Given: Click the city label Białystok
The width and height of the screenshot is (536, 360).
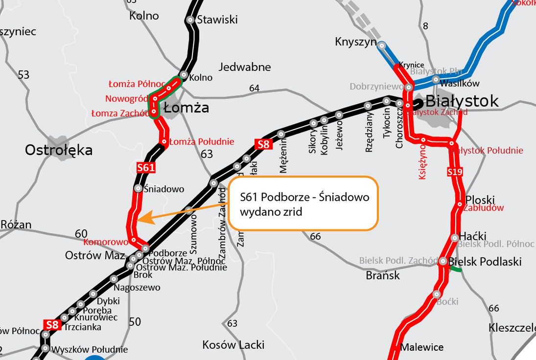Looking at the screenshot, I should pos(462,101).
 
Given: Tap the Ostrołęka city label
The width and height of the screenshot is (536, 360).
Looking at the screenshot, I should pos(59,150).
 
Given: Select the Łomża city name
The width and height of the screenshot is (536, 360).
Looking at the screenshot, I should pos(186,108).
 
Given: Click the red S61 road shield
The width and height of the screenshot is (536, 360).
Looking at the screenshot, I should pos(146,168).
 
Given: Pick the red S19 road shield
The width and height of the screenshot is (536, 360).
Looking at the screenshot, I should pos(455,172).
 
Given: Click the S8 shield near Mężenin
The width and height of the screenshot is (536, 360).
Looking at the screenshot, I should pos(263,144).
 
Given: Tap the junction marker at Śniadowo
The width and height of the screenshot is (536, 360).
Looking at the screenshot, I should pos(139,188).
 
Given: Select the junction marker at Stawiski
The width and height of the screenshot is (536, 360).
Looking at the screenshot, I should pos(190,20).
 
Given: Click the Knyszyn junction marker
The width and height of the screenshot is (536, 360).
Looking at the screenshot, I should pos(382,45).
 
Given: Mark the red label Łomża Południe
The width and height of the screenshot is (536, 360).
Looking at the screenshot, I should pos(202,142).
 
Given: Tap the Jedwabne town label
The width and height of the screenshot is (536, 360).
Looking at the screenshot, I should pos(245,67).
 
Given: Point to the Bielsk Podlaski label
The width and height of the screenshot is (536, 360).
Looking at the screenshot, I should pos(485,261).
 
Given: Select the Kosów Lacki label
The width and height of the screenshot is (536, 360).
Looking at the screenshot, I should pos(233,345).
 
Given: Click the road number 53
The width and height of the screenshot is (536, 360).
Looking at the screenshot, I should pos(23,75).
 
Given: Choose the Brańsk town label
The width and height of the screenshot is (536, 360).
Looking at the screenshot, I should pos(383,275).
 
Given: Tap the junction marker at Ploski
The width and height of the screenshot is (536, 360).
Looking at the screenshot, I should pos(460,204).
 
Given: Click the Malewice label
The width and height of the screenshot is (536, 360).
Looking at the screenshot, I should pos(422,347).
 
